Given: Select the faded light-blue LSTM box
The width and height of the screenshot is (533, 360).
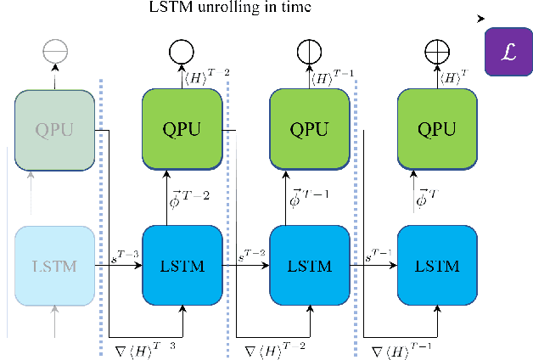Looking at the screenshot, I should [x=53, y=266].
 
